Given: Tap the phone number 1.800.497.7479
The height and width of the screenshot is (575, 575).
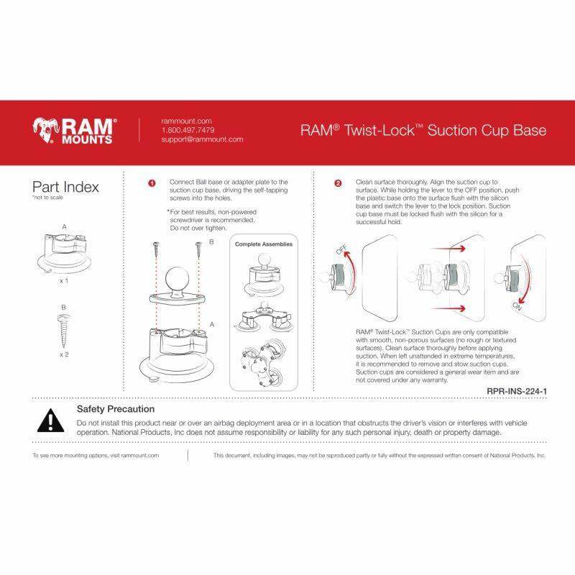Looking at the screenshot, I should click(x=188, y=130).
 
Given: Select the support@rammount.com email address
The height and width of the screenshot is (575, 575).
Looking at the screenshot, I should click(x=202, y=139).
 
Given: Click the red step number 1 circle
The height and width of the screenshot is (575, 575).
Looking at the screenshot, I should click(x=152, y=183).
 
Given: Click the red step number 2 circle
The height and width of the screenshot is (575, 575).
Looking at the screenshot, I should click(x=338, y=183).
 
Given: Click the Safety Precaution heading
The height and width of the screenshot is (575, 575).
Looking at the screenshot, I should click(x=116, y=409).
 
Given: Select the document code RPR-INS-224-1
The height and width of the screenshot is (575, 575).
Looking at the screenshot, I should click(x=517, y=391).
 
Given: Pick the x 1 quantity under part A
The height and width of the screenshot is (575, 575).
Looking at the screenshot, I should click(x=64, y=282).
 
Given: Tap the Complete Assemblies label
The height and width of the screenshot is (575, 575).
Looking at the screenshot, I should click(x=264, y=244).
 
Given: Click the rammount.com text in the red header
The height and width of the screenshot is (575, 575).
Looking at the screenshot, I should click(x=186, y=121).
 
